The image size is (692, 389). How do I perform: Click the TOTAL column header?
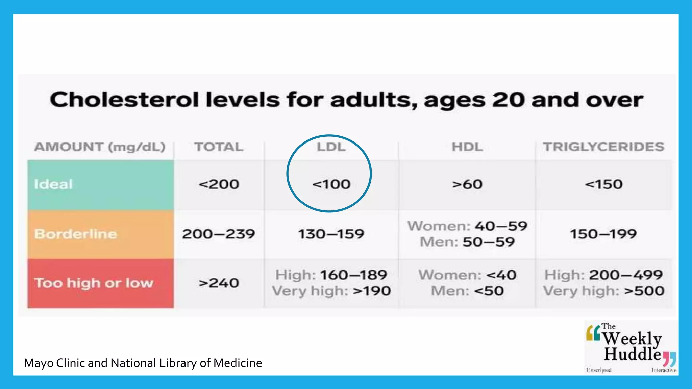pos(219,147)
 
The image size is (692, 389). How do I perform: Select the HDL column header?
pos(467,147)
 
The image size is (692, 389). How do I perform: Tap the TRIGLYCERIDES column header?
pos(603,147)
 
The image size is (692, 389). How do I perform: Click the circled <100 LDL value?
pos(331,184)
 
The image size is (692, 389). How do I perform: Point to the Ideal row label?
pos(53,184)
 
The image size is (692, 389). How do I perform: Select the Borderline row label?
pos(76,234)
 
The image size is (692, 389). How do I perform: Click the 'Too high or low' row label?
pos(94,283)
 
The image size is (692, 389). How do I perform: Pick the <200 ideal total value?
pos(219,184)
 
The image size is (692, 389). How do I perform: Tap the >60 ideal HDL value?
pos(467,184)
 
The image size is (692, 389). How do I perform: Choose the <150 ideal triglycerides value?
pos(603,184)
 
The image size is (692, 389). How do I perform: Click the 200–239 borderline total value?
pos(219,234)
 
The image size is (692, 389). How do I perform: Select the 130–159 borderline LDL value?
pos(331,234)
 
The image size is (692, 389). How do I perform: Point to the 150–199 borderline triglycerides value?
pos(603,234)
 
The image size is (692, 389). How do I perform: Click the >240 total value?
pos(219,283)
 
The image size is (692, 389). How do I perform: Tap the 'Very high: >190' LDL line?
pos(331,291)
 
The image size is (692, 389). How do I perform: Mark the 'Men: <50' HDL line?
pos(467,291)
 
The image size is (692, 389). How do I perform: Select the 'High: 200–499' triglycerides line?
pos(603,275)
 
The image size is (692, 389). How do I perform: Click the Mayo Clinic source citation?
pos(143,363)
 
